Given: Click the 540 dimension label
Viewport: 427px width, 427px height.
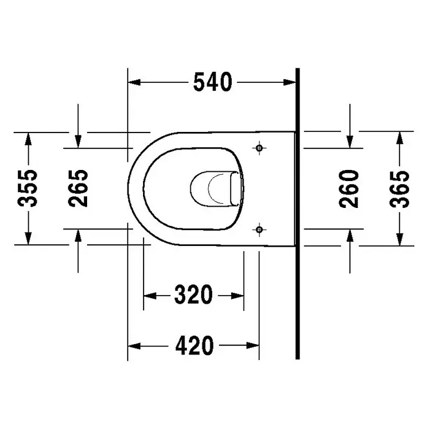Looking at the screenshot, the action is coord(213,82).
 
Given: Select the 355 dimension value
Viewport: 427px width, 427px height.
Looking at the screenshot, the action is coord(27,188).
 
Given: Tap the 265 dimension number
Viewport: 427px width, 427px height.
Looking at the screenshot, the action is coord(78,188).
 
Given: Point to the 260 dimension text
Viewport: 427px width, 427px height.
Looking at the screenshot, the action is coord(349,189).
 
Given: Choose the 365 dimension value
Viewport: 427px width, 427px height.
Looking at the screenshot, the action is coord(399,189).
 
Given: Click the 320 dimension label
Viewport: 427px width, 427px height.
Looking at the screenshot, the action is coord(193,295).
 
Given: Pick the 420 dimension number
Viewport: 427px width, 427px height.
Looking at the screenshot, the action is coord(194,345).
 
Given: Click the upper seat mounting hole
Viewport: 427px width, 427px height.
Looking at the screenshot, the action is coord(260,148).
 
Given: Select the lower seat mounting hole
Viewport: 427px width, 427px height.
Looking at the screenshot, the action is coord(260,229).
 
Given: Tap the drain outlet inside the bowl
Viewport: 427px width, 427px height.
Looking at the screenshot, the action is coord(216,188).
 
